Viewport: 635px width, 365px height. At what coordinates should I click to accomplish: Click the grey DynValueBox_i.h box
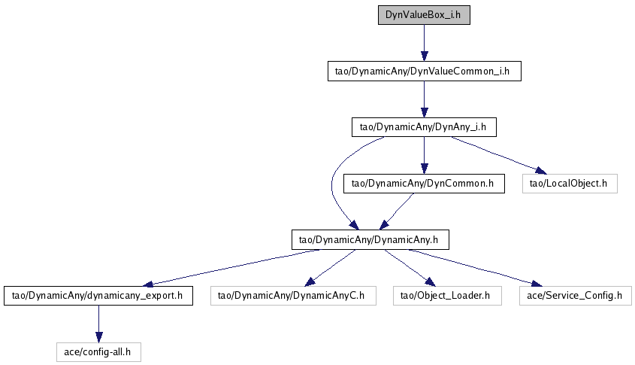point(424,15)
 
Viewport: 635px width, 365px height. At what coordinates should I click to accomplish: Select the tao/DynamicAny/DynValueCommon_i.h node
point(424,71)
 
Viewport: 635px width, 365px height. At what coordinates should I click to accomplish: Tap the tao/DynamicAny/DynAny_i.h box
point(424,127)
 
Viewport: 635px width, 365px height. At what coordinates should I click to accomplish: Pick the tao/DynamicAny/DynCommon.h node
point(424,183)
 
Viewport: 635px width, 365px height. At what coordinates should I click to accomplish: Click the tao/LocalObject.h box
point(569,183)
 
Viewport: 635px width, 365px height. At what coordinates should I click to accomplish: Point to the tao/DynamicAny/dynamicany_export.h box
point(98,295)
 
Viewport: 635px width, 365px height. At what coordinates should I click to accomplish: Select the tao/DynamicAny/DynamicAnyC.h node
point(291,295)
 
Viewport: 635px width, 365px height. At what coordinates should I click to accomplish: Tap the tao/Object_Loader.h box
point(446,295)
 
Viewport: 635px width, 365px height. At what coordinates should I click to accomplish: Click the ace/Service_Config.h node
point(576,295)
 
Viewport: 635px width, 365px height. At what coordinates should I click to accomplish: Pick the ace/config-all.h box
point(98,351)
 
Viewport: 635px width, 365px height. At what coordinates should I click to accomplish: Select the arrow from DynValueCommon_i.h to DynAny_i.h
point(424,99)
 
